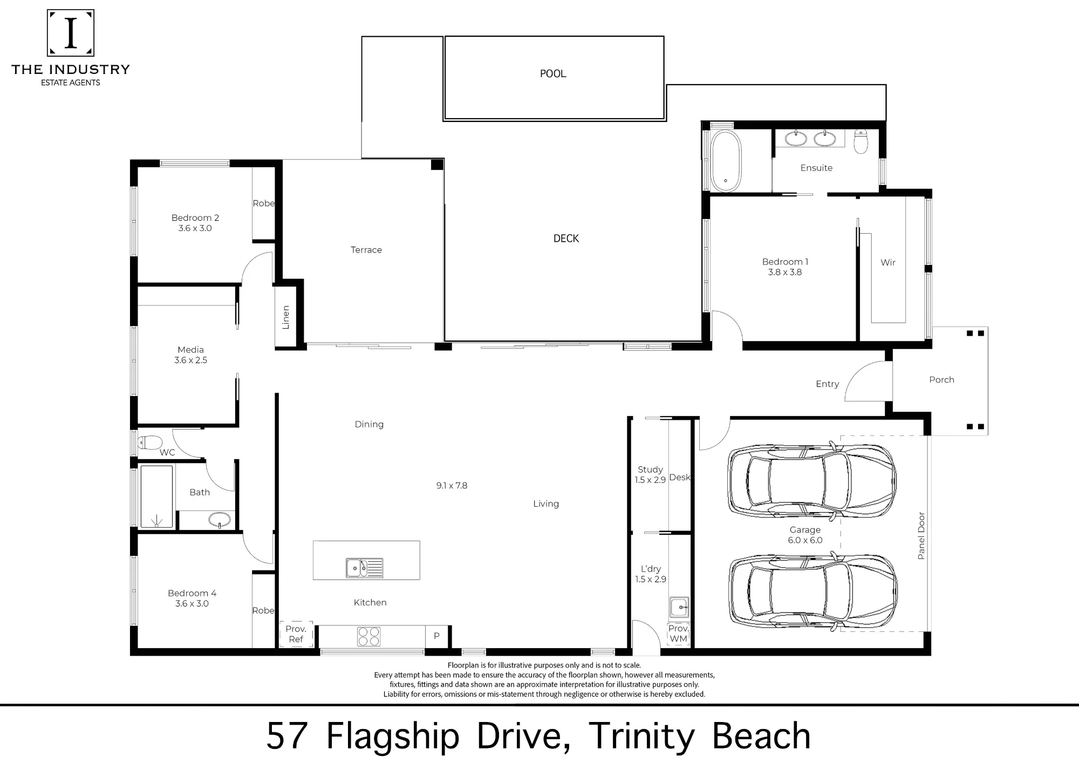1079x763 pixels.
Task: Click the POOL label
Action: coord(553,73)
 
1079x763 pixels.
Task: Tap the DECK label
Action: coord(566,239)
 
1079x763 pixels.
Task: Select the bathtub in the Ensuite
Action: coord(725,160)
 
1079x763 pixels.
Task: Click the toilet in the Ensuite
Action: coord(861,141)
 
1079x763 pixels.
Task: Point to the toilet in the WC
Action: coord(150,442)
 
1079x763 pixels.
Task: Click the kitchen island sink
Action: coord(364,568)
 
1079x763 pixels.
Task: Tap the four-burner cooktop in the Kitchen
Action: coord(368,636)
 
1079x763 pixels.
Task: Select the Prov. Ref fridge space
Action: coord(296,634)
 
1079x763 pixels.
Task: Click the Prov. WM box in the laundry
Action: coord(678,633)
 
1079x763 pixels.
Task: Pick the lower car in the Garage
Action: coord(812,591)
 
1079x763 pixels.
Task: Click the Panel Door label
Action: coord(921,536)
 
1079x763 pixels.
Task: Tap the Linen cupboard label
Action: coord(285,317)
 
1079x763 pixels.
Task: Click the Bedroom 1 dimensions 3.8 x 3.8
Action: coord(785,272)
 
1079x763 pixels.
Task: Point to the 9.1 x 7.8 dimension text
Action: coord(452,486)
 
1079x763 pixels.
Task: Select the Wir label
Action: coord(888,263)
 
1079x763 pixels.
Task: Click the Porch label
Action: coord(941,380)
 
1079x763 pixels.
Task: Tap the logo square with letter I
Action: coord(71,33)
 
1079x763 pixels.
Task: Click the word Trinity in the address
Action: coord(641,736)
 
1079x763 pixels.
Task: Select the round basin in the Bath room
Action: coord(220,520)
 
